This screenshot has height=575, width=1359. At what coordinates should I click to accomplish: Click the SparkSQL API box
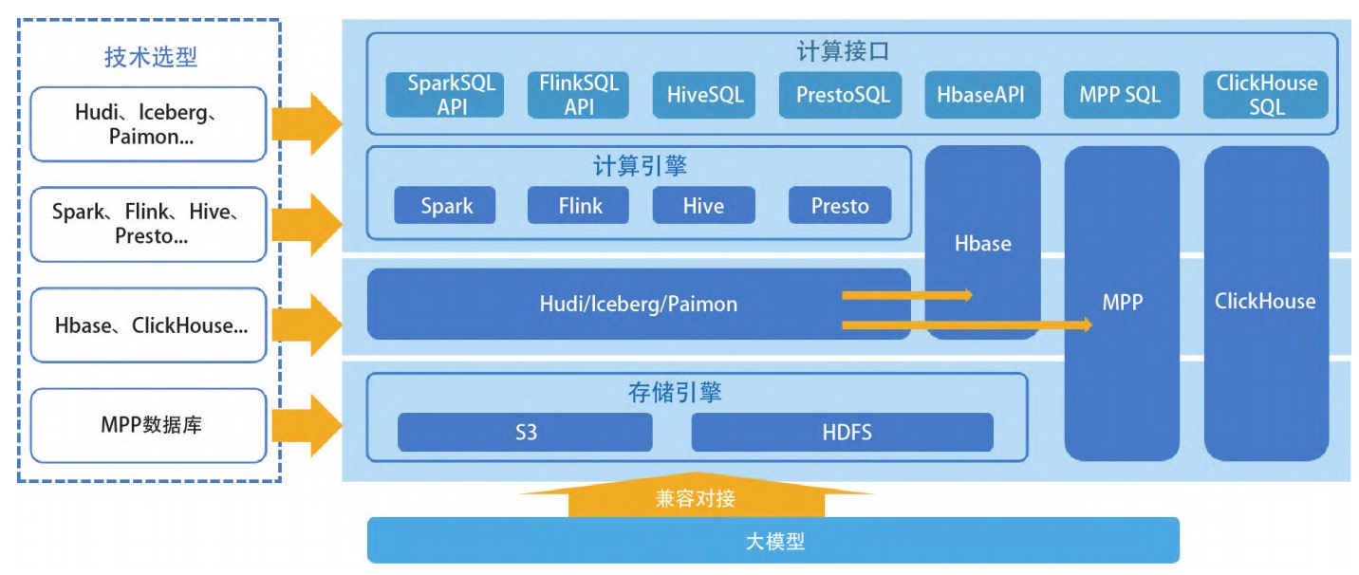445,95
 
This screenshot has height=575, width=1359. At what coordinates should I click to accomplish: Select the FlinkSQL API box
578,95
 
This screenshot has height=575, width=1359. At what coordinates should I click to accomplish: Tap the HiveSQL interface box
704,95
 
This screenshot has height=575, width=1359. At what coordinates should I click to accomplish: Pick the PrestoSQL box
840,95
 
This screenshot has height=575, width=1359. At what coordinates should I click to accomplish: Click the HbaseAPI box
982,95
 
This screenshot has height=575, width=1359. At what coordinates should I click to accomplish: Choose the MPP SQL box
1121,95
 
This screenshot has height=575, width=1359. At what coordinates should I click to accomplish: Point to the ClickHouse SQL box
1266,95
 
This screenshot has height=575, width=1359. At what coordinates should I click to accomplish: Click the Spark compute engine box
445,205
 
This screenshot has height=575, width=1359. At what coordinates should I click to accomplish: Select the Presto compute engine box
840,205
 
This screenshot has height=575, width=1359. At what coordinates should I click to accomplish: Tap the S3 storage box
525,432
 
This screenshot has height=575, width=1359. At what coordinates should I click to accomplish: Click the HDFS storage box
842,432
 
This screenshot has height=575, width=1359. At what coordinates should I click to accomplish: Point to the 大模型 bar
773,540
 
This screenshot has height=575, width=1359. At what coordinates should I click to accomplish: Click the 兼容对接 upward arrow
696,495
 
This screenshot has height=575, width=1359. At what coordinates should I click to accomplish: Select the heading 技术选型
151,56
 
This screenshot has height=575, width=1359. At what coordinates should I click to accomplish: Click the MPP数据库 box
149,425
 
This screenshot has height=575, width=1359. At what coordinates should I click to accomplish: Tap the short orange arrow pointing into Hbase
907,295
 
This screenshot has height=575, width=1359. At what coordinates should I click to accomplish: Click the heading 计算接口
843,51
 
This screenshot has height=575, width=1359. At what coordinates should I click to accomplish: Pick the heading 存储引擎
675,393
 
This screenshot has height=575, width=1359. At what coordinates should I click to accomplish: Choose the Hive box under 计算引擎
704,205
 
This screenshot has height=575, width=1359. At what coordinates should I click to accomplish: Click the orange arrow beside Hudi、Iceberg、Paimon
307,123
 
